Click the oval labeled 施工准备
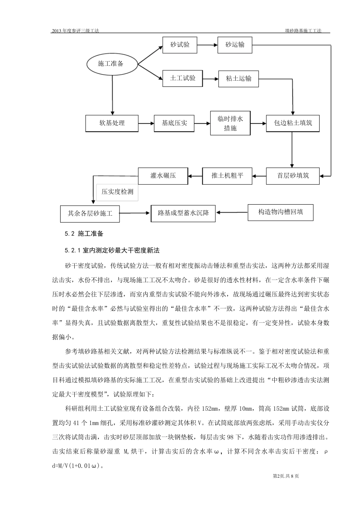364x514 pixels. [x=111, y=63]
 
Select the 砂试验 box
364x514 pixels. [x=180, y=45]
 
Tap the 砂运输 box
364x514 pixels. [x=235, y=45]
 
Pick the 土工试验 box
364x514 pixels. [x=182, y=78]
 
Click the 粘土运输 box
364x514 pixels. [x=238, y=79]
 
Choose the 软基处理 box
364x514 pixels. [x=112, y=123]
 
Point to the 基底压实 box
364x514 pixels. [x=174, y=123]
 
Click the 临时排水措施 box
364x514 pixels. [x=230, y=123]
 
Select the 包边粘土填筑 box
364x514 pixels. [x=293, y=123]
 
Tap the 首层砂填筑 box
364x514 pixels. [x=293, y=176]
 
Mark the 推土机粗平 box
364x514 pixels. [x=227, y=176]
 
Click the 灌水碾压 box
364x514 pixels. [x=163, y=176]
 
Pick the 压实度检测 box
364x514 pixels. [x=117, y=192]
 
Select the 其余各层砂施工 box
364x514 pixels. [x=90, y=213]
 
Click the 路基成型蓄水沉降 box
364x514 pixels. [x=183, y=213]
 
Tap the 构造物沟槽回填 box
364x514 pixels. [x=280, y=212]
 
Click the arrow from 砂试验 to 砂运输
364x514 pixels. [x=207, y=45]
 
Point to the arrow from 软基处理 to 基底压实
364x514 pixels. [x=146, y=123]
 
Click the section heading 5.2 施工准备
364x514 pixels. [x=84, y=233]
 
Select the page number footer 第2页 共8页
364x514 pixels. [x=285, y=476]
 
